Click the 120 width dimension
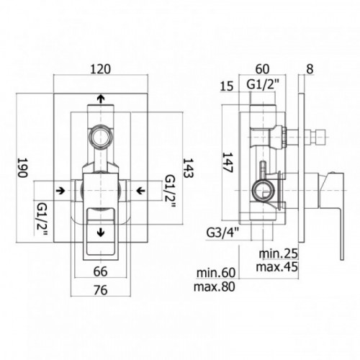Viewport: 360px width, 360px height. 101,69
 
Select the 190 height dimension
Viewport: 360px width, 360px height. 22,167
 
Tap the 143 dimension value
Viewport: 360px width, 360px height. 188,168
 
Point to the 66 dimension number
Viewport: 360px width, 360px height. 100,271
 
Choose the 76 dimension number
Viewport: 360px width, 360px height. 100,290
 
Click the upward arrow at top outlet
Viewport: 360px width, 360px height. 101,98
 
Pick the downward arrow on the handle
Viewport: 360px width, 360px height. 101,233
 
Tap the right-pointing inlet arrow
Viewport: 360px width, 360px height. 60,191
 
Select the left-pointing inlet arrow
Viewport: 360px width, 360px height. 140,191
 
